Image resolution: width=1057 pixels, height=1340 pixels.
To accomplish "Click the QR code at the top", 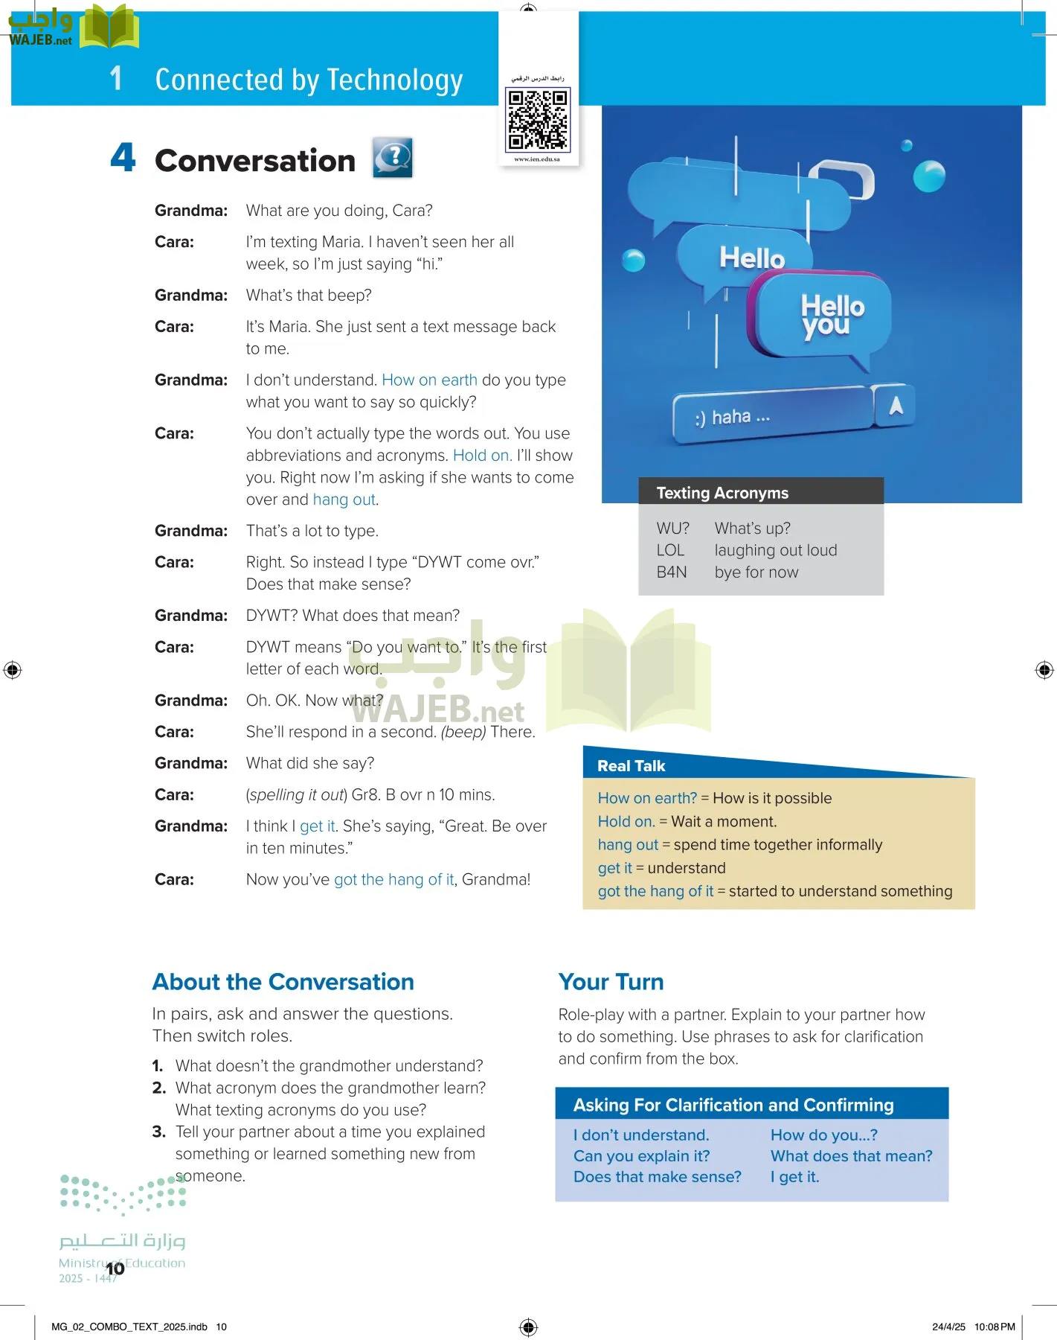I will point(538,119).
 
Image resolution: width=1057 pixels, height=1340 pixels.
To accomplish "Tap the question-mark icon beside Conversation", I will point(393,158).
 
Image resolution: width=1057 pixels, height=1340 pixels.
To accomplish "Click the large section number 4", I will point(123,158).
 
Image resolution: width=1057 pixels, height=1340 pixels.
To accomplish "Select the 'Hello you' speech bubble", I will point(826,316).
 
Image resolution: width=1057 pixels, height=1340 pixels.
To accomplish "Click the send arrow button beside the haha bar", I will point(895,406).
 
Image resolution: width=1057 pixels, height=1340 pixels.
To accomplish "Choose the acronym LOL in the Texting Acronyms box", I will point(670,550).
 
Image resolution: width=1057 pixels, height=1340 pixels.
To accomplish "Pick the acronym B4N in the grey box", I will point(672,572).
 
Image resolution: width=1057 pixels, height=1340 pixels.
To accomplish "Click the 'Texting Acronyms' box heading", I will point(722,493).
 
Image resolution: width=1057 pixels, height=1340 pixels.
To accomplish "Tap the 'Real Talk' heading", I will point(632,766).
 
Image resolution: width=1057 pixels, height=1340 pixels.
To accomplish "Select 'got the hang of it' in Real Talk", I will point(655,891).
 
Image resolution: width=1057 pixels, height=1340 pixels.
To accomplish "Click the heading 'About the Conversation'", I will point(283,982).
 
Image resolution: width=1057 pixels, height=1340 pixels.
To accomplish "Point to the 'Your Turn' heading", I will point(611,982).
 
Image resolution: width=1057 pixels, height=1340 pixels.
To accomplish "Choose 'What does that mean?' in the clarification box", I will point(851,1156).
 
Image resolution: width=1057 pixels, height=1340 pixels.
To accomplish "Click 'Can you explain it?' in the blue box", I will point(641,1156).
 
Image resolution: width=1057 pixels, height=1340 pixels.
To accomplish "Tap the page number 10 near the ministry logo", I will point(115,1269).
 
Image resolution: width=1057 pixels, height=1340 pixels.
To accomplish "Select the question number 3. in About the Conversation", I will point(158,1132).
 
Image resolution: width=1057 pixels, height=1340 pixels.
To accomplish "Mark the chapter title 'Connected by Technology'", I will point(309,80).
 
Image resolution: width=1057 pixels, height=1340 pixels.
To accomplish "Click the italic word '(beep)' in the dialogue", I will point(463,732).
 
